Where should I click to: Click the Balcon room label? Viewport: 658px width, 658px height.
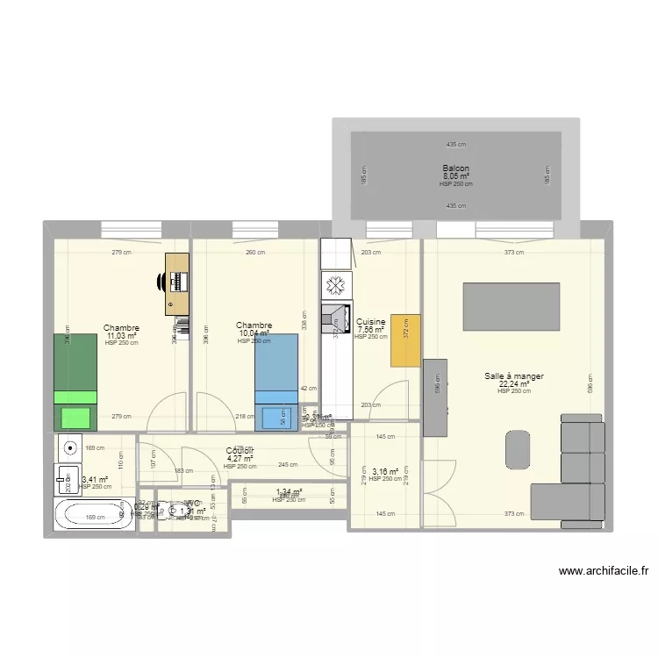tap(455, 168)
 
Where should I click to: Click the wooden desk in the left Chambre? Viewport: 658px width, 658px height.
tap(178, 283)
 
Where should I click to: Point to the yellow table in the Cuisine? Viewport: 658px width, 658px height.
tap(405, 340)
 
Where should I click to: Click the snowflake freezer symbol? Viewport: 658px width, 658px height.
tap(334, 285)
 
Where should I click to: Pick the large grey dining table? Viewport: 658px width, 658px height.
tap(511, 306)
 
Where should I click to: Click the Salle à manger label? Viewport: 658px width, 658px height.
tap(514, 376)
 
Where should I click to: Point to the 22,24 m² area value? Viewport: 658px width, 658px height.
tap(514, 383)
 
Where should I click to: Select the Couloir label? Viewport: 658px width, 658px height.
tap(240, 451)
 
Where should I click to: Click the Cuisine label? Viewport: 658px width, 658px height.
tap(370, 323)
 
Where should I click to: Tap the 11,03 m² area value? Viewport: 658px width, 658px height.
tap(121, 336)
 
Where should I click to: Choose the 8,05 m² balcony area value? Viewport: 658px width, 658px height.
tap(455, 176)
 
